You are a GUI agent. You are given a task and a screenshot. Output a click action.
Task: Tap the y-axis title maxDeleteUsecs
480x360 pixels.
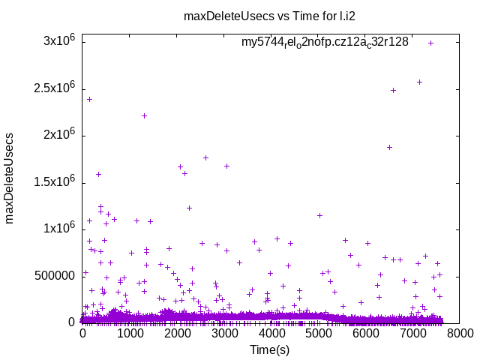tap(10, 181)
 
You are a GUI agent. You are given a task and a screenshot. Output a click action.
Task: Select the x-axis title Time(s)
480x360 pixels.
tap(270, 349)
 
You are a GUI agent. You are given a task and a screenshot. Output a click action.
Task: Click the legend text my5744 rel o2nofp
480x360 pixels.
tap(325, 42)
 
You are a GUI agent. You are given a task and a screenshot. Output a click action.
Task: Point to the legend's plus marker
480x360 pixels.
tap(430, 43)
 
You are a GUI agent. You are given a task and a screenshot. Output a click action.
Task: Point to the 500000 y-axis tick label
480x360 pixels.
tap(54, 275)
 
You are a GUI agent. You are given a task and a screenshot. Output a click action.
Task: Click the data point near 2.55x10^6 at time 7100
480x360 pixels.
tap(419, 82)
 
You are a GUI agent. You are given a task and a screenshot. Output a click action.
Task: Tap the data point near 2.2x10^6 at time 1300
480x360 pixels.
tap(144, 115)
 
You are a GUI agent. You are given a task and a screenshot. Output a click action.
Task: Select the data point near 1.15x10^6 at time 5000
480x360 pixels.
tap(319, 215)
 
